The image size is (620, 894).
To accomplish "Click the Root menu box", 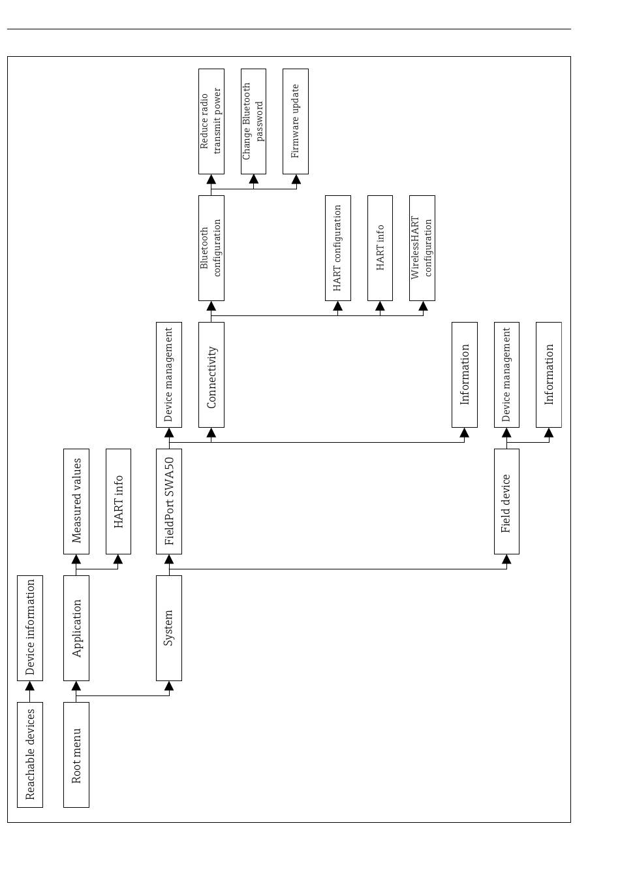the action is [76, 755].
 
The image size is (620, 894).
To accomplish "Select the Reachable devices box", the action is [30, 755].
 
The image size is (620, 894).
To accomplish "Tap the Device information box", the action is [30, 628].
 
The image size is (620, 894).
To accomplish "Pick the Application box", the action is [76, 628].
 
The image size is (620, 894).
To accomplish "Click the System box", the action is [169, 628].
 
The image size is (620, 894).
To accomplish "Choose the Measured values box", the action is [76, 502].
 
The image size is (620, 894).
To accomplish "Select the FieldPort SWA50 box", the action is [169, 502].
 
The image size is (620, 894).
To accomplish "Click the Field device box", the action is [506, 502].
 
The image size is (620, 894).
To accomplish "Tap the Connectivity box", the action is [211, 375].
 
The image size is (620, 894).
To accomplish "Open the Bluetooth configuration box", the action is [211, 248].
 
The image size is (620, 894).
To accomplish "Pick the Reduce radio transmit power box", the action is [211, 121].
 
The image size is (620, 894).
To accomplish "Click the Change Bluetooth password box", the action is [253, 121].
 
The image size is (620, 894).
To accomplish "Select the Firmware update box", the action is [296, 121].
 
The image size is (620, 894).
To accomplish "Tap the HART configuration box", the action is [338, 248].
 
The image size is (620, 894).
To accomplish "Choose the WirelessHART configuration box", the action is [422, 248].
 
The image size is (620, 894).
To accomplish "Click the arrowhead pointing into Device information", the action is [30, 686].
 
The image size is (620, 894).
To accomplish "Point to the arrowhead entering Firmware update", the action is [296, 179].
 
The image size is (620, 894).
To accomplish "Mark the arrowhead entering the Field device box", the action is [506, 559].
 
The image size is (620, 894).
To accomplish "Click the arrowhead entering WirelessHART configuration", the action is [424, 306].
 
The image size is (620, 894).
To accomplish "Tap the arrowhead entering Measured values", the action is [76, 559].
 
